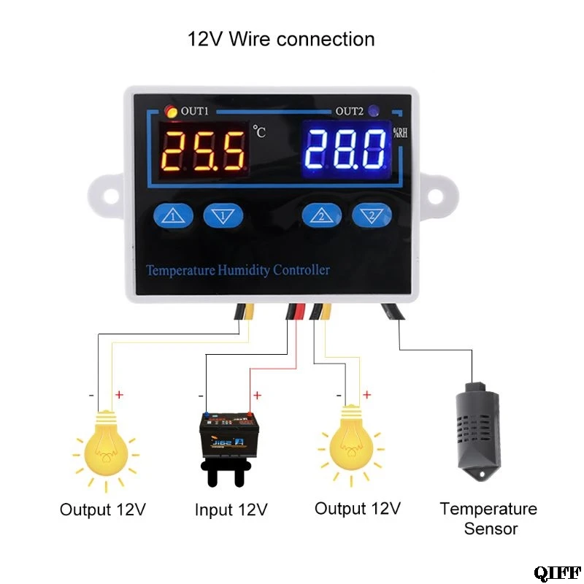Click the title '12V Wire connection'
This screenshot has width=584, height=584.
click(x=281, y=39)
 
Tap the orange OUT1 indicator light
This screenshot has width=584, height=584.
click(x=171, y=112)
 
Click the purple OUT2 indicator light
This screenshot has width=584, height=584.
click(x=374, y=111)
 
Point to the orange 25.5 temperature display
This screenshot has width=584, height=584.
click(x=204, y=151)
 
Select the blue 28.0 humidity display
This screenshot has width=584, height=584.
click(x=347, y=150)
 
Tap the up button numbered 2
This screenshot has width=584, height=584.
click(x=322, y=215)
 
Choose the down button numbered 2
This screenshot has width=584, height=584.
click(x=372, y=215)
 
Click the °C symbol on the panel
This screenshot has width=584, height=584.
click(x=260, y=131)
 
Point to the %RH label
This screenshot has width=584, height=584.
click(x=400, y=133)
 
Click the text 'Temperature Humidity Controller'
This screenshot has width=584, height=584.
click(x=238, y=270)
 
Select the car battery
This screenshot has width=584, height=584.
click(x=228, y=448)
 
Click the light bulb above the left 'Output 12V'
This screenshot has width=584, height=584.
click(x=106, y=450)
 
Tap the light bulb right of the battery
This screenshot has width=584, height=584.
click(x=351, y=445)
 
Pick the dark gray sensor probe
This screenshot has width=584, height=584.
click(x=477, y=431)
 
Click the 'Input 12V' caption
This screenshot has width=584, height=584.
click(x=231, y=510)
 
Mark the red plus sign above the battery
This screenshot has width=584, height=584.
click(x=257, y=395)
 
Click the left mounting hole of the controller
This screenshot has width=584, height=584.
click(x=111, y=196)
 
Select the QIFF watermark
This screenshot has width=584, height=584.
click(x=557, y=572)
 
